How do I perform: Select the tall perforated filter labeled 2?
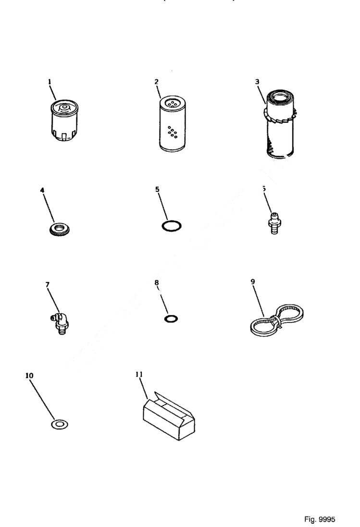click(170, 125)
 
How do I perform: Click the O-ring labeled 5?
click(171, 225)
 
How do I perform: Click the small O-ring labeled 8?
click(170, 318)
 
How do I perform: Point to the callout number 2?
click(156, 82)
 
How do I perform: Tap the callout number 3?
click(257, 82)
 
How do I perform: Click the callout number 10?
click(29, 375)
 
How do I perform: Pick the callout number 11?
click(140, 373)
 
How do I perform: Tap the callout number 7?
click(47, 285)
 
